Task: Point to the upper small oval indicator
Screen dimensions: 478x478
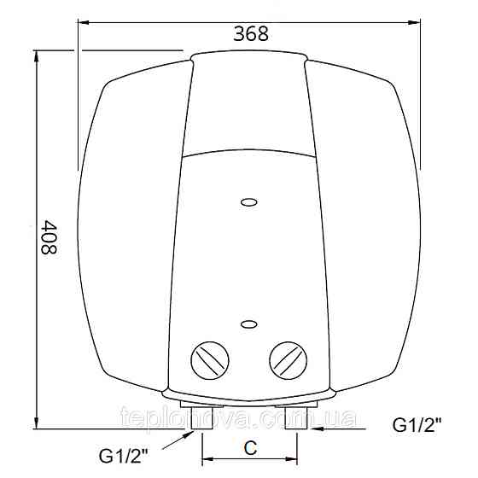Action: (248, 202)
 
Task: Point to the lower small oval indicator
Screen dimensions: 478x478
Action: (248, 324)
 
